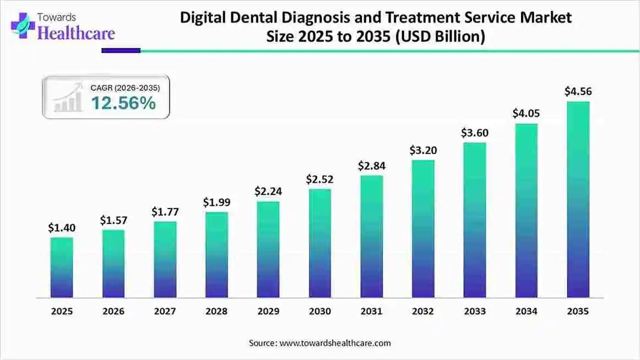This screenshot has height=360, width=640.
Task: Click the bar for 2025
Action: (x=62, y=268)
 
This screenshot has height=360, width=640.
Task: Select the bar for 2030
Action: (x=320, y=243)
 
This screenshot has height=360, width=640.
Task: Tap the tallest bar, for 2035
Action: (x=578, y=199)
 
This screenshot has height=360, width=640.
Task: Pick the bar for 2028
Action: (x=216, y=255)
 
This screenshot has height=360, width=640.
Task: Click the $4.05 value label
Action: (x=526, y=113)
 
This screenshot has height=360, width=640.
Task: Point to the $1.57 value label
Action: (x=113, y=220)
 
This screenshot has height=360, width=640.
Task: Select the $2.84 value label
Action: (x=372, y=165)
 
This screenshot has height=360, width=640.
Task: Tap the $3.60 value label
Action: (x=475, y=133)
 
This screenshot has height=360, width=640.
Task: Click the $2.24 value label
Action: (x=268, y=191)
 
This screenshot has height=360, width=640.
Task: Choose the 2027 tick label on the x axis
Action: (x=165, y=312)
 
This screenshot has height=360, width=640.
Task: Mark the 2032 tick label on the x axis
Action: (x=423, y=312)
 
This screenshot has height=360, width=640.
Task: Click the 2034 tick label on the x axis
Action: (x=526, y=312)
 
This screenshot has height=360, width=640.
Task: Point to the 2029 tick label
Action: (x=268, y=312)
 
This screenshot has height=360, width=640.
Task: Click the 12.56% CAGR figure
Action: (x=123, y=103)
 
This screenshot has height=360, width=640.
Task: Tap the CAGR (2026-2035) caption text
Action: (x=129, y=87)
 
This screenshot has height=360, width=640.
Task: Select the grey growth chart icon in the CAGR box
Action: (x=67, y=100)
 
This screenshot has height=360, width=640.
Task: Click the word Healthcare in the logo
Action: (x=76, y=33)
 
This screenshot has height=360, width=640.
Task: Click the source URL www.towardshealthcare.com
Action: (x=335, y=343)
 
